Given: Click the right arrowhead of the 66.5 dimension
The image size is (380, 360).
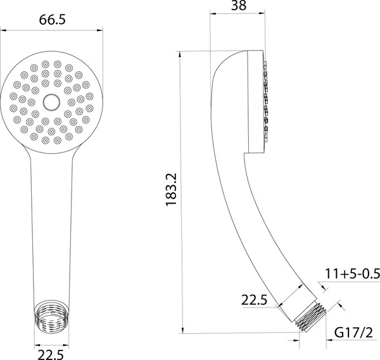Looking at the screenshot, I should point(99,29).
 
